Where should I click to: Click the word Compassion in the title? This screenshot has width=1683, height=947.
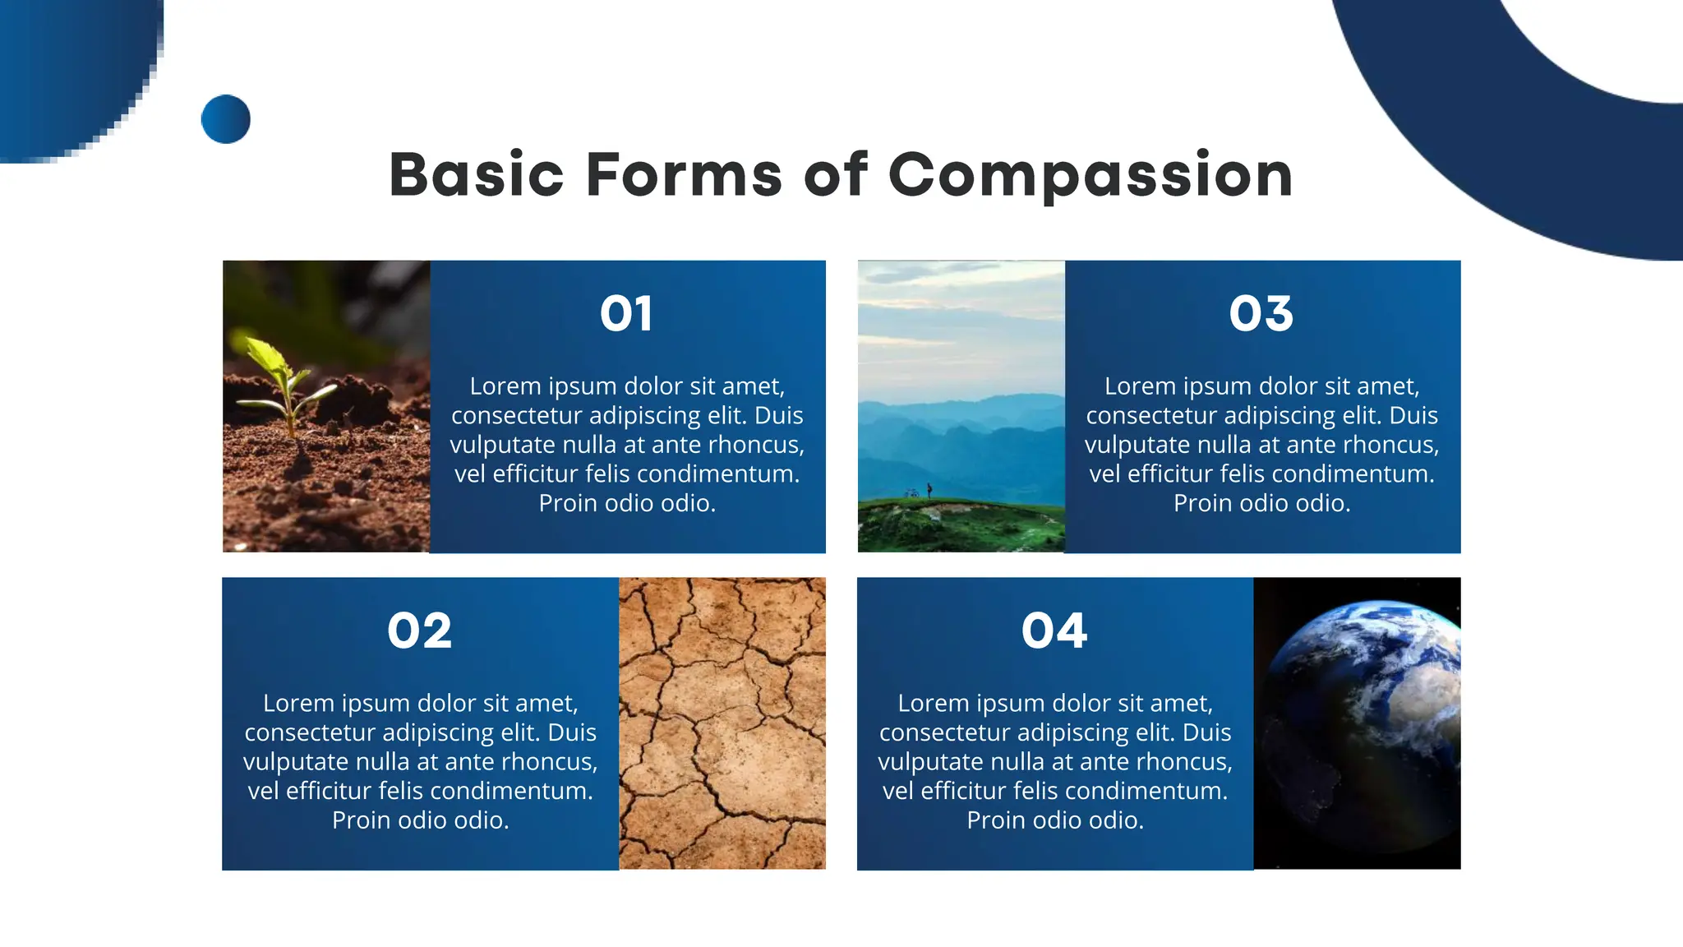point(1090,175)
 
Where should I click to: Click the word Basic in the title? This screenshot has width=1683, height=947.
point(477,175)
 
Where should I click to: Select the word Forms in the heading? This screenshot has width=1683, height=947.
point(684,175)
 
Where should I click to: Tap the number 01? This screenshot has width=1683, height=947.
point(626,314)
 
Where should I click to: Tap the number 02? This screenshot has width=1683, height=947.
point(419,631)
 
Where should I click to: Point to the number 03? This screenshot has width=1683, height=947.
point(1261,314)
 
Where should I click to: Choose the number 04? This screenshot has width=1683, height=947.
point(1054,631)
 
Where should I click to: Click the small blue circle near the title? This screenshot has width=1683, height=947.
point(225,119)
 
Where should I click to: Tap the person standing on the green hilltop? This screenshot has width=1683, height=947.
point(929,489)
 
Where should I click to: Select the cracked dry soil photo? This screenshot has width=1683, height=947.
point(722,723)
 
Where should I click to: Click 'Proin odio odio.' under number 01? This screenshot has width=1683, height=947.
point(627,503)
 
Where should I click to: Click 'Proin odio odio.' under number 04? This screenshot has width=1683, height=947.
point(1055,820)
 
